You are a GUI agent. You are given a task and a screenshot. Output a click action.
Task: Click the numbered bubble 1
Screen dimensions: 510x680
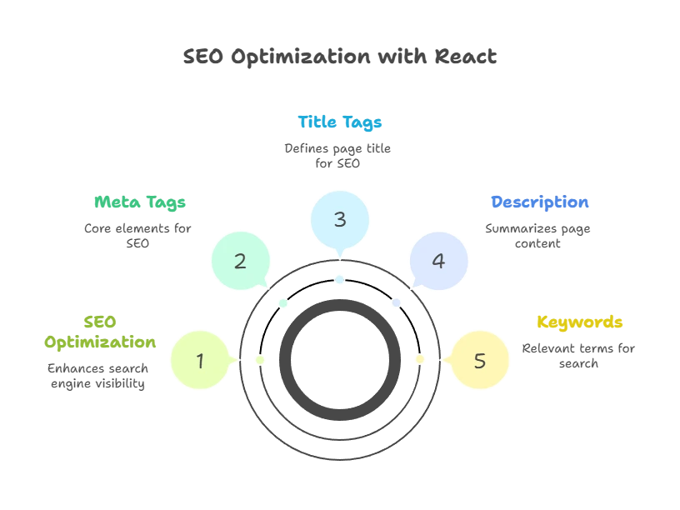200,361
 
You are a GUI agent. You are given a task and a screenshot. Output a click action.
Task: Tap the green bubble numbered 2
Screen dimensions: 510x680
240,261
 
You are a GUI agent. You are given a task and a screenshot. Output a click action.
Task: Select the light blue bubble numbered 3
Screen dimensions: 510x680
340,220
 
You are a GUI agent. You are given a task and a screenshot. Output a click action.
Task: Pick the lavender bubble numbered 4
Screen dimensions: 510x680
438,261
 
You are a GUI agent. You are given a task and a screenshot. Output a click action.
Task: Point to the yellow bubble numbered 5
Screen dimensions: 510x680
479,361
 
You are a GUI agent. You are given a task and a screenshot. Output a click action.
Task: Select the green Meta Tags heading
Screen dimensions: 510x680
139,202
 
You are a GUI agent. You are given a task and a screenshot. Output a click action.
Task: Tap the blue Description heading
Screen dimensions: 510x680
540,202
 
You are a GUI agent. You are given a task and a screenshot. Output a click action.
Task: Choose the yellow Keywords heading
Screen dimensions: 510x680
579,322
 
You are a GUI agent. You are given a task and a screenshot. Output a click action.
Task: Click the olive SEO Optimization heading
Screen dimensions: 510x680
100,332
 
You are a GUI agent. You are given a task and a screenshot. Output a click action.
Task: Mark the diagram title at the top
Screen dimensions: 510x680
340,57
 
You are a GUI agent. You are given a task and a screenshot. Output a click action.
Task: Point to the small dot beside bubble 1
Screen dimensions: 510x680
260,360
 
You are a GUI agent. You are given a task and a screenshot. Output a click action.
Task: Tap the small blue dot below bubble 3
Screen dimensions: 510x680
340,280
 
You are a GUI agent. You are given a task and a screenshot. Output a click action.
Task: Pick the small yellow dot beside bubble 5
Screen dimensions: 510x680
419,360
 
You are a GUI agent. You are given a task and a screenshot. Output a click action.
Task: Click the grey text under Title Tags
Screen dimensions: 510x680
337,156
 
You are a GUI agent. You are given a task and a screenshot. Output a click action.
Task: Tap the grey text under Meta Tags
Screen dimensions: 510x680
137,235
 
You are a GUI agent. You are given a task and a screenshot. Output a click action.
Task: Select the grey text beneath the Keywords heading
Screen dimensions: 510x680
579,355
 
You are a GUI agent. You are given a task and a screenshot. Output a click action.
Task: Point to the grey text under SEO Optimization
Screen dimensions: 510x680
98,376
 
